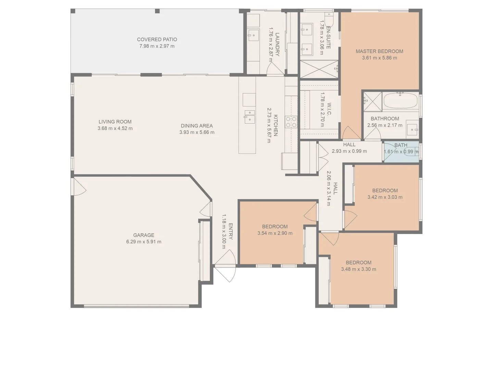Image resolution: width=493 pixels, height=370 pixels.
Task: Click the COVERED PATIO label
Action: (157, 39)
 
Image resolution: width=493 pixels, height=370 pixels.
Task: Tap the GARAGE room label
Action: (143, 235)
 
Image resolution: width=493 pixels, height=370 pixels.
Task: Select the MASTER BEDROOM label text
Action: (379, 51)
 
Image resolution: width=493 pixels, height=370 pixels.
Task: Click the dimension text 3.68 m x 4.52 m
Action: (115, 128)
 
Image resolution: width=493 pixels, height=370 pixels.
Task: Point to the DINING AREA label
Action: (197, 126)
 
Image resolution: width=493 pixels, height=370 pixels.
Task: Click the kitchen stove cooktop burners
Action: (291, 122)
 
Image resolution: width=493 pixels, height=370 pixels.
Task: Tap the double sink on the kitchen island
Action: (250, 116)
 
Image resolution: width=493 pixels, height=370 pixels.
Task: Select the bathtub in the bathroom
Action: (400, 101)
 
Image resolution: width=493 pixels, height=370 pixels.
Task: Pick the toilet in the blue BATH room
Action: (411, 152)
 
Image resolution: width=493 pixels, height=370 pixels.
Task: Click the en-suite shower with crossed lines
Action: (319, 69)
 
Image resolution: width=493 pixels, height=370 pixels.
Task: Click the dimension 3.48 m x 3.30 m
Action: (358, 269)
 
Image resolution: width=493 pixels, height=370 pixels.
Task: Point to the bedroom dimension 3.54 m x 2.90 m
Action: (275, 233)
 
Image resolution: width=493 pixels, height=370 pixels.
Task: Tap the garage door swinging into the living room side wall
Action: (79, 187)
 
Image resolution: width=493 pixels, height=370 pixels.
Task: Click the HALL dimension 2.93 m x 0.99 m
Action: (349, 151)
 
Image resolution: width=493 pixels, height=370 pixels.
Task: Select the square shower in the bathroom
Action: (372, 101)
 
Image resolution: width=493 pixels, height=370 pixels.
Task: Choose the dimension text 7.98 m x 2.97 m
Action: (157, 46)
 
